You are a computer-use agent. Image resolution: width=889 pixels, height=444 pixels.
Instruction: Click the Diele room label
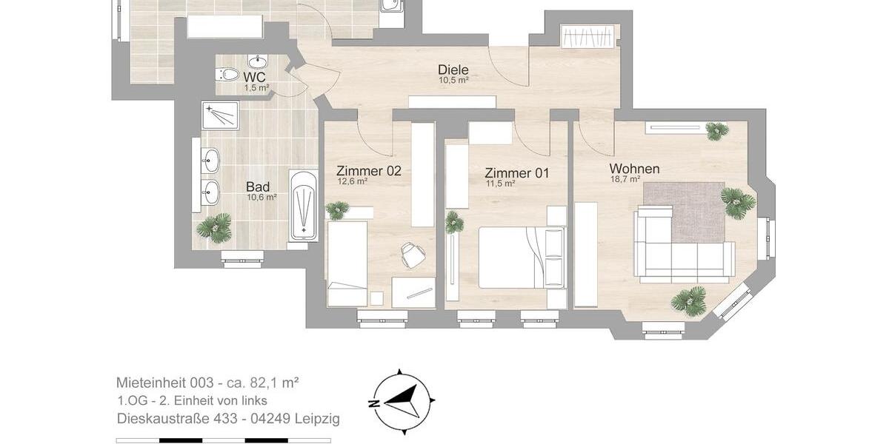pyautogui.click(x=453, y=70)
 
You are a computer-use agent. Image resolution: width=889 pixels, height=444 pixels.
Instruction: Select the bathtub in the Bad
pyautogui.click(x=303, y=206)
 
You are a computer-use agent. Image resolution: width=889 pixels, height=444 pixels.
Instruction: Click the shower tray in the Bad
pyautogui.click(x=219, y=115)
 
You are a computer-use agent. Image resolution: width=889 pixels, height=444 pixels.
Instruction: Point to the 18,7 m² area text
pyautogui.click(x=625, y=179)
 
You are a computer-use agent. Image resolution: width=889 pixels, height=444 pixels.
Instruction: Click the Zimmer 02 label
pyautogui.click(x=368, y=170)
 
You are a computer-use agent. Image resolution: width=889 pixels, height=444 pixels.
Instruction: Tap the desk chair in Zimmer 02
pyautogui.click(x=412, y=255)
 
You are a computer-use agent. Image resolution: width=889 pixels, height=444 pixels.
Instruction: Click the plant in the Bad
pyautogui.click(x=214, y=227)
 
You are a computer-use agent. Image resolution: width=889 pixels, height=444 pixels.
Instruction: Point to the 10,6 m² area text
pyautogui.click(x=262, y=198)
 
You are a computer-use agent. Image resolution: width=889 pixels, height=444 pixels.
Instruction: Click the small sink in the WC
pyautogui.click(x=258, y=61)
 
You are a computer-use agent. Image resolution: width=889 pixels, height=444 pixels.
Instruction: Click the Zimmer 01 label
pyautogui.click(x=517, y=172)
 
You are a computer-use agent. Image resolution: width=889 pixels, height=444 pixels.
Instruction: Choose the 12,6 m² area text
pyautogui.click(x=353, y=181)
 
